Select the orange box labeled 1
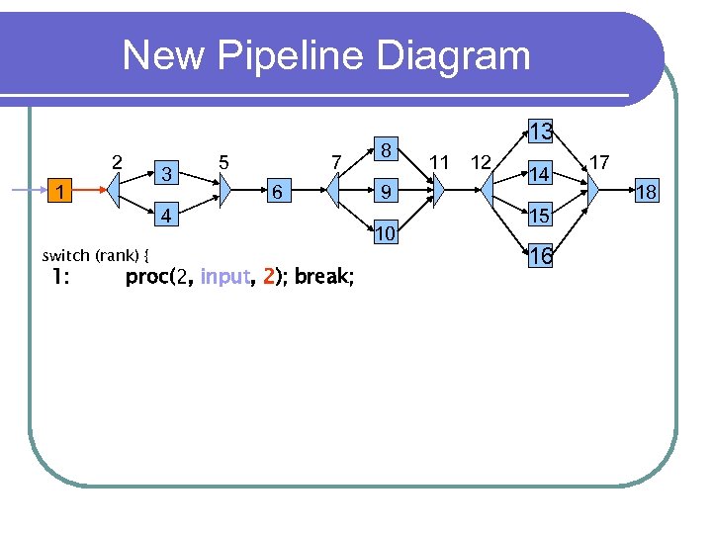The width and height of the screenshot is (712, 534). click(x=61, y=189)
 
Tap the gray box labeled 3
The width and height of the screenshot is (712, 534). click(x=168, y=174)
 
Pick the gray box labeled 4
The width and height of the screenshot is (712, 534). click(x=168, y=215)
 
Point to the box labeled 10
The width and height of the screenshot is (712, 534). click(x=388, y=233)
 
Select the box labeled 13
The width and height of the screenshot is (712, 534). click(x=540, y=132)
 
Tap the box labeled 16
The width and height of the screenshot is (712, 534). click(x=540, y=257)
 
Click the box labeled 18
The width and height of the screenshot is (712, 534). click(x=647, y=192)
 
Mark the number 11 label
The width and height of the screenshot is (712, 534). click(x=440, y=161)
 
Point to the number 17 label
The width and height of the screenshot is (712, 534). click(x=599, y=160)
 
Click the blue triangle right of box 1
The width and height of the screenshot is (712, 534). click(x=115, y=189)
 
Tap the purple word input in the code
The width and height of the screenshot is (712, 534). click(x=223, y=277)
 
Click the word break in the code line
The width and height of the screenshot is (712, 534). click(x=321, y=277)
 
